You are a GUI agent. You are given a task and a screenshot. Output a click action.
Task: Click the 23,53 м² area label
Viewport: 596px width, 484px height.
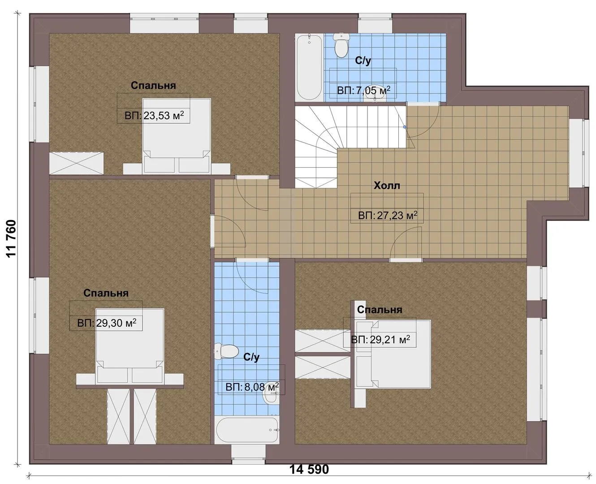(154, 115)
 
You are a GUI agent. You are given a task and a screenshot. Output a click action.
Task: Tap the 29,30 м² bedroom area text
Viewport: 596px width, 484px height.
(107, 323)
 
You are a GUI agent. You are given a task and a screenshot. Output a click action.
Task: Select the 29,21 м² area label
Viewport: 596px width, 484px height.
(380, 340)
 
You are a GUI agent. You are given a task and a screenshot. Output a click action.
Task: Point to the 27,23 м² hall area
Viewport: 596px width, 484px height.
(388, 216)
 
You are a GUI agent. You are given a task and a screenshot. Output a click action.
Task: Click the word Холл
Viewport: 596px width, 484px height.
(387, 186)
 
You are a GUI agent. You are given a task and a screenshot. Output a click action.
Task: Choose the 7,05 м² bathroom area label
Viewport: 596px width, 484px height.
(364, 91)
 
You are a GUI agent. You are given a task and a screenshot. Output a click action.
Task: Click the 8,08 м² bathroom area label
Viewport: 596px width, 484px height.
(252, 387)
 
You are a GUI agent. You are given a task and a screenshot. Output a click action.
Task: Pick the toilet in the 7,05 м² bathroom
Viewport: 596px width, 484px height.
(341, 45)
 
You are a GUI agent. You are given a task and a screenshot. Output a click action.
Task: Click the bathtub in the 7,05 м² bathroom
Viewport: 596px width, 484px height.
(309, 67)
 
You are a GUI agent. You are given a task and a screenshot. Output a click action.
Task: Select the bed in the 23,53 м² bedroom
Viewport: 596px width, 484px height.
(177, 136)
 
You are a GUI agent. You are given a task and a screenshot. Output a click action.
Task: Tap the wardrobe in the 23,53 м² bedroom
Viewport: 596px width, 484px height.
(76, 163)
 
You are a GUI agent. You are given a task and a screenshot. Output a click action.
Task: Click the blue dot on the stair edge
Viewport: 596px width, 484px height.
(405, 127)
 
